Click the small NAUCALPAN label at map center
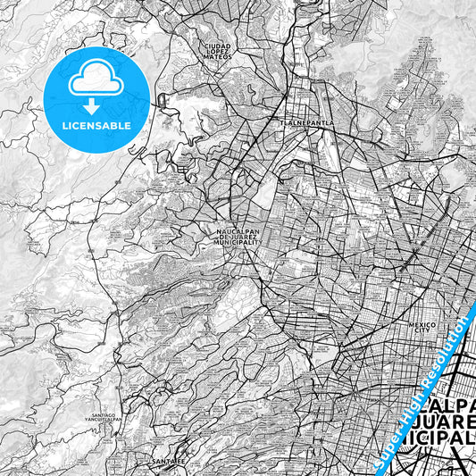coord(238,230)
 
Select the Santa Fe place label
coord(169,461)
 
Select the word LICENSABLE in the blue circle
coord(96,126)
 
